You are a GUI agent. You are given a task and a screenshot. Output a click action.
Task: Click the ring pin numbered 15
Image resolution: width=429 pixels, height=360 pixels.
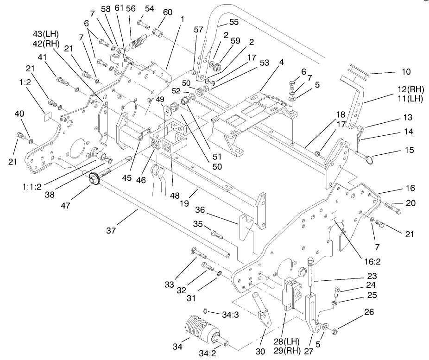367,159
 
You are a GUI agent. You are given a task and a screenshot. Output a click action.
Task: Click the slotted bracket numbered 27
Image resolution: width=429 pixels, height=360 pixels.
314,310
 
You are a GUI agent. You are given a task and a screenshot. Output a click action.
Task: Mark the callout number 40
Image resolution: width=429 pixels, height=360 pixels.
19,114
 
